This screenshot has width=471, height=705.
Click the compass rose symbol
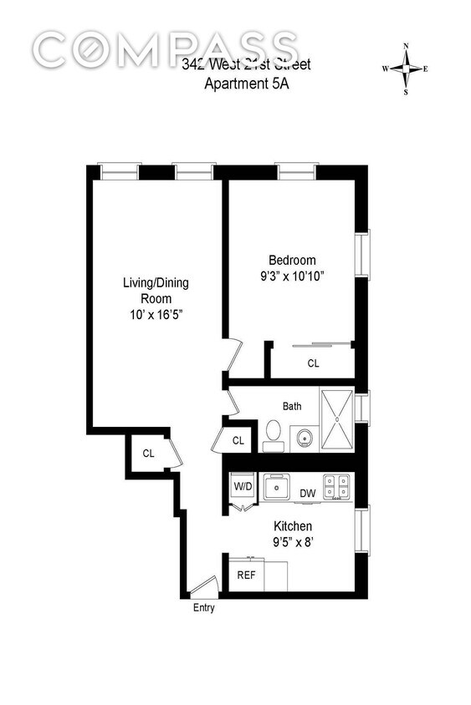pyautogui.click(x=406, y=69)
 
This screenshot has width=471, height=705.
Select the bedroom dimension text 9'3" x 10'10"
pyautogui.click(x=292, y=276)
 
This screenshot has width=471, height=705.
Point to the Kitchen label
pyautogui.click(x=293, y=526)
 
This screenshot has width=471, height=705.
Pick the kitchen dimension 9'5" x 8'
pyautogui.click(x=293, y=542)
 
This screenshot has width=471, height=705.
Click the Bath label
pyautogui.click(x=292, y=407)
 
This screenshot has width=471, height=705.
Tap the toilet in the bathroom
pyautogui.click(x=272, y=431)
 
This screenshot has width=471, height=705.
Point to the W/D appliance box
pyautogui.click(x=243, y=486)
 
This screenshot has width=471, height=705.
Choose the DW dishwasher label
pyautogui.click(x=307, y=494)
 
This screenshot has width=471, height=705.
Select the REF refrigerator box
pyautogui.click(x=247, y=576)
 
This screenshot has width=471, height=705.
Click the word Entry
pyautogui.click(x=204, y=608)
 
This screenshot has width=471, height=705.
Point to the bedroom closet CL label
pyautogui.click(x=313, y=363)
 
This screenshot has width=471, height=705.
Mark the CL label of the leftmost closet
pyautogui.click(x=149, y=454)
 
